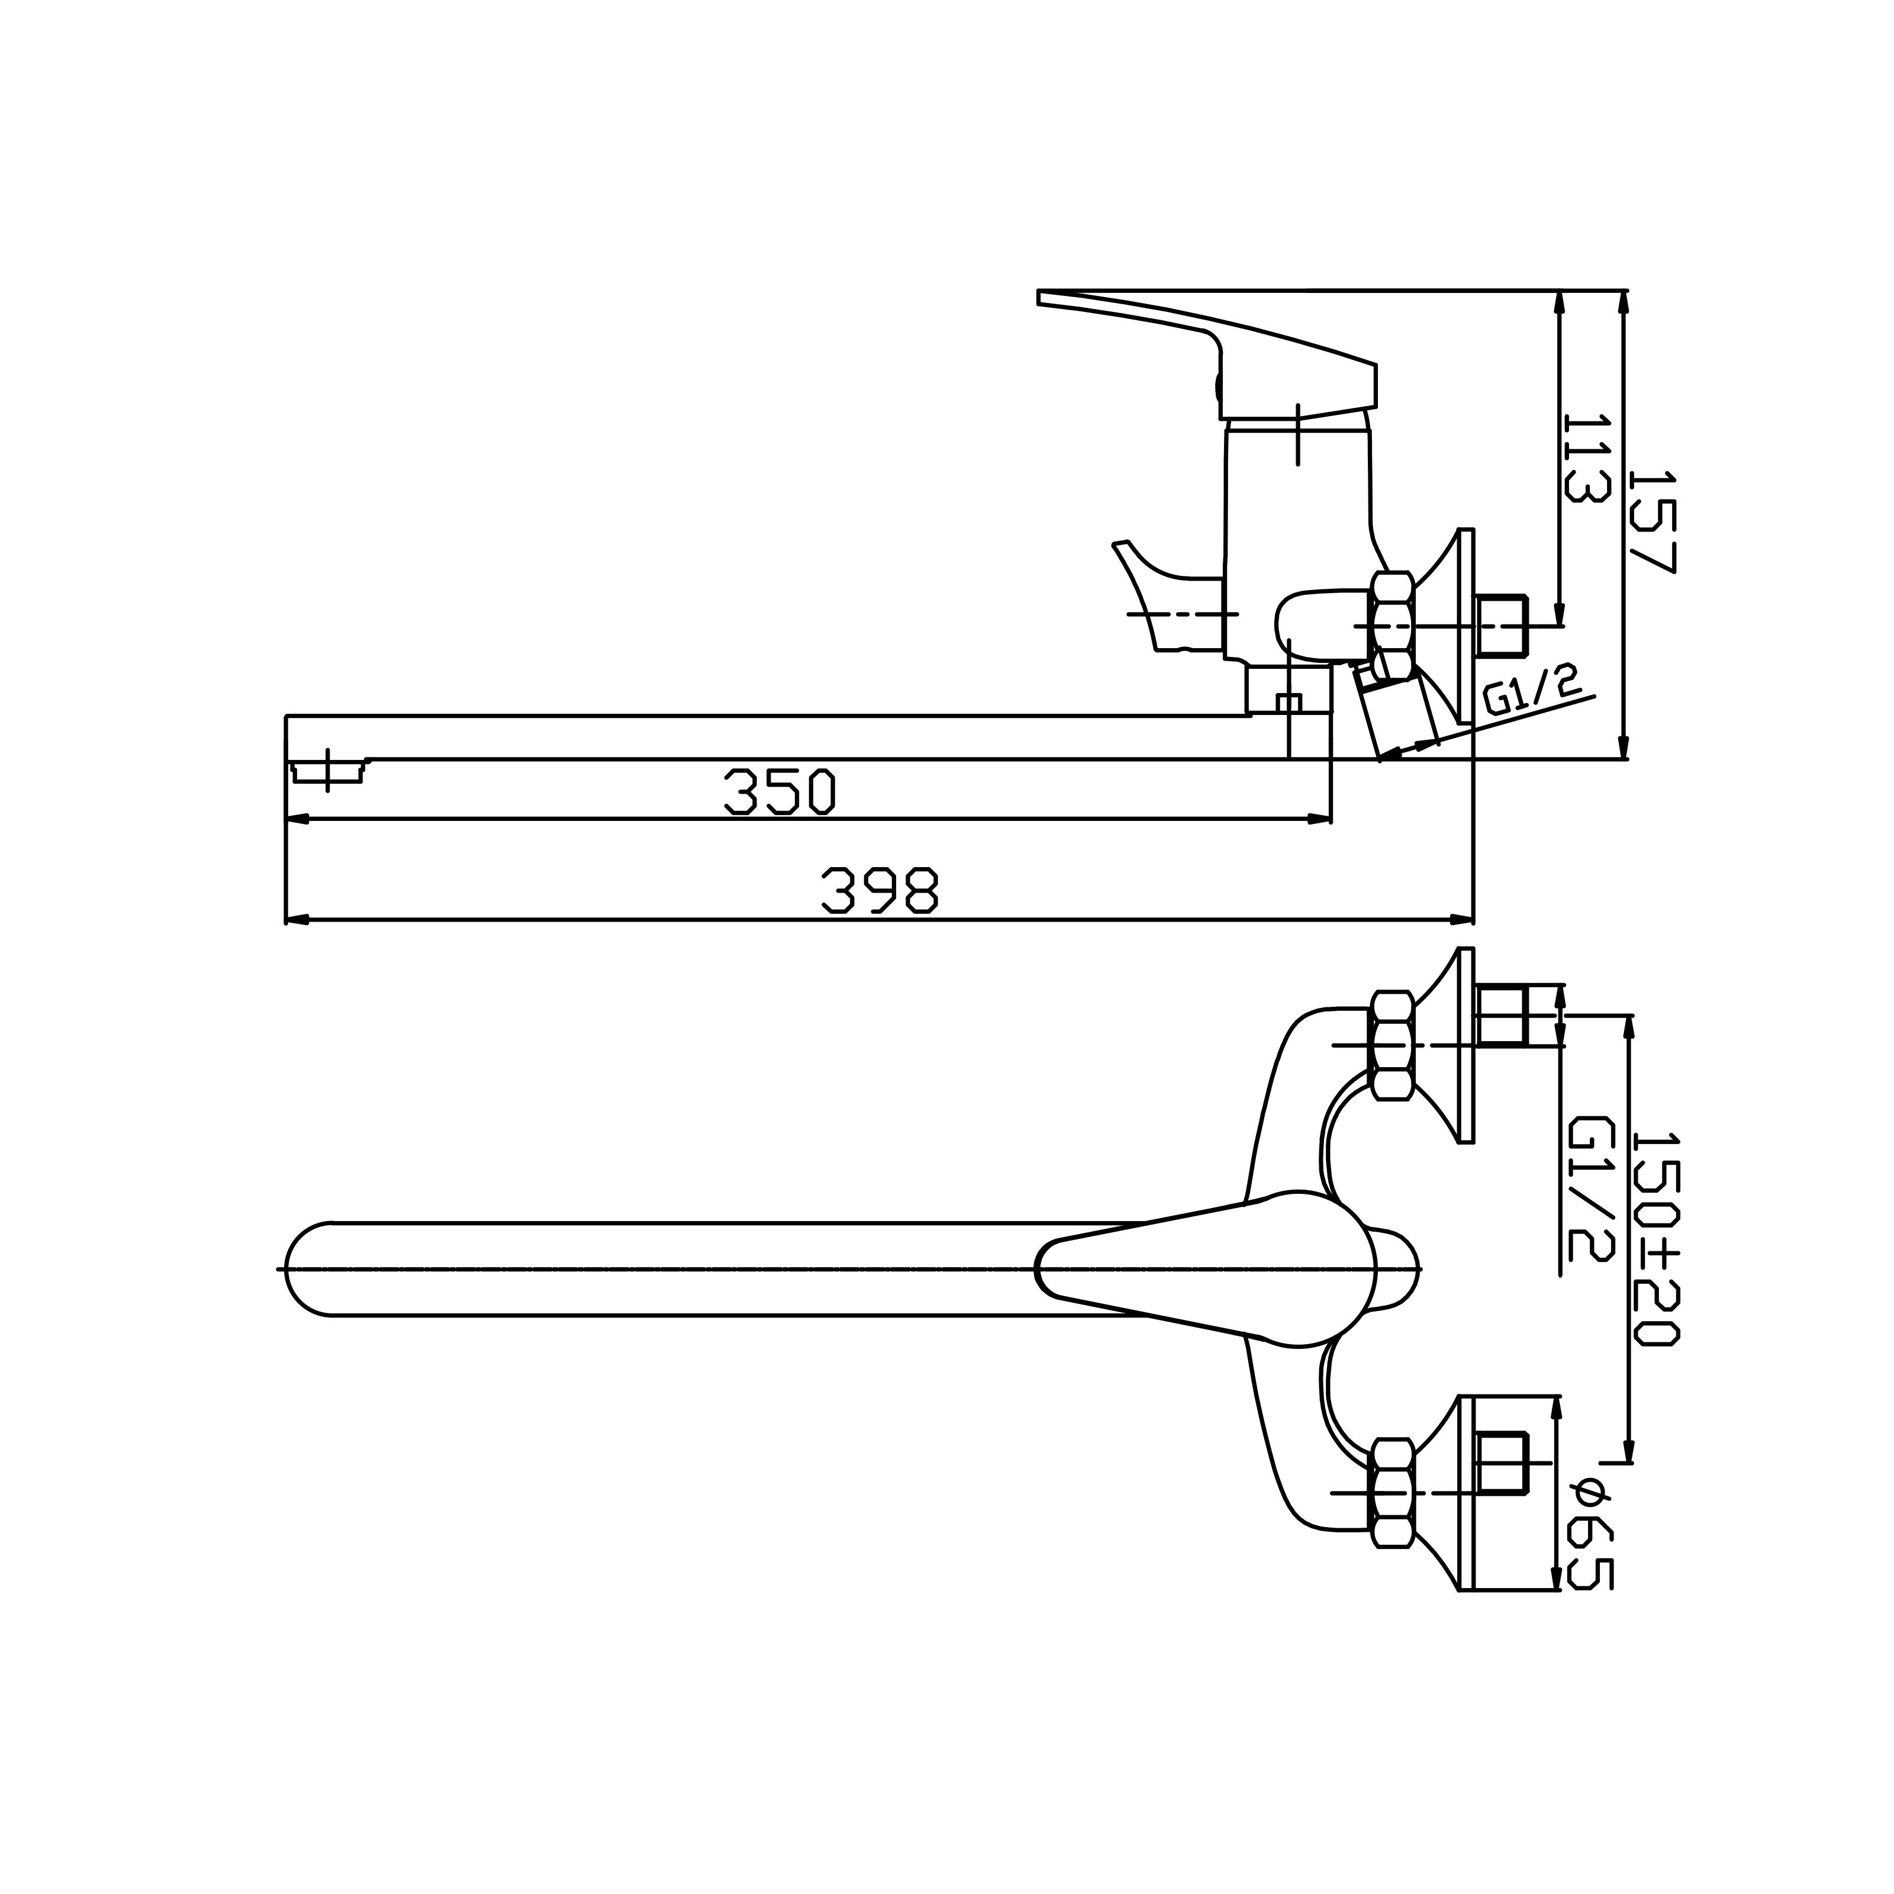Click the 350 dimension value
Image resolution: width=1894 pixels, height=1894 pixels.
[779, 791]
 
